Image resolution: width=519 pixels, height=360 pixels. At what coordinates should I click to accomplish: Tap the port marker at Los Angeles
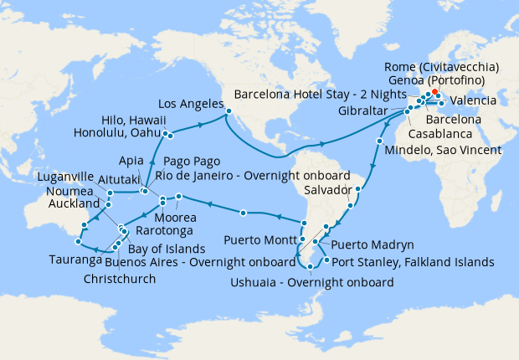(x=228, y=106)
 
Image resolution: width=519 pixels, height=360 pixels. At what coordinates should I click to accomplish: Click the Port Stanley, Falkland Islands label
(x=414, y=262)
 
